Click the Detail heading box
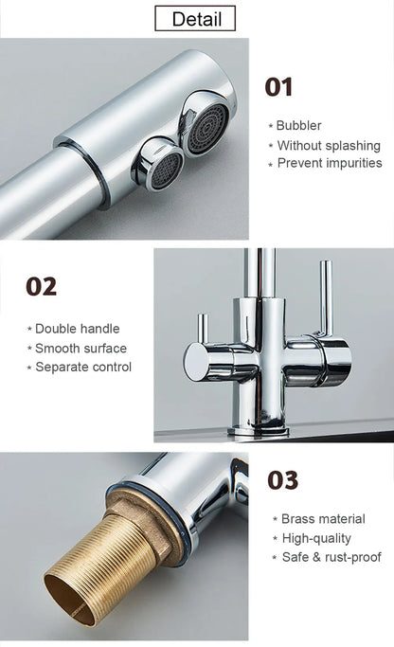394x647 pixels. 197,18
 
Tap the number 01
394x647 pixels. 278,87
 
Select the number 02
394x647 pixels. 42,286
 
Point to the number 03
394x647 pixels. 282,480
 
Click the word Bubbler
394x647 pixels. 298,126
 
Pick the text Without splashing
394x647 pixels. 328,145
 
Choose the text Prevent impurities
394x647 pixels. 329,163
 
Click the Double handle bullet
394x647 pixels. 77,329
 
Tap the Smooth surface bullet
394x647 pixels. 81,348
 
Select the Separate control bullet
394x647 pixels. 82,367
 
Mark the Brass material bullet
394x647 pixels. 322,519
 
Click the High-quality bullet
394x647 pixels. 316,538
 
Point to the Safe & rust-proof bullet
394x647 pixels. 331,557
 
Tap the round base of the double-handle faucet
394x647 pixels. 258,428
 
